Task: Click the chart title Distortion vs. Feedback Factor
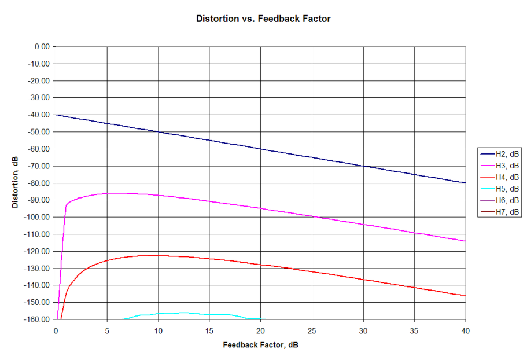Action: [x=263, y=19]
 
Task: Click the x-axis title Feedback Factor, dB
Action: [x=260, y=345]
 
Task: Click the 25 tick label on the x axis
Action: [x=312, y=330]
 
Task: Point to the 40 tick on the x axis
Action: [x=465, y=330]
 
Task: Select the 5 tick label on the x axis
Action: [x=107, y=330]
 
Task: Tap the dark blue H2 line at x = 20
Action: [x=261, y=149]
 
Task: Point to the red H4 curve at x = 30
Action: [x=363, y=279]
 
